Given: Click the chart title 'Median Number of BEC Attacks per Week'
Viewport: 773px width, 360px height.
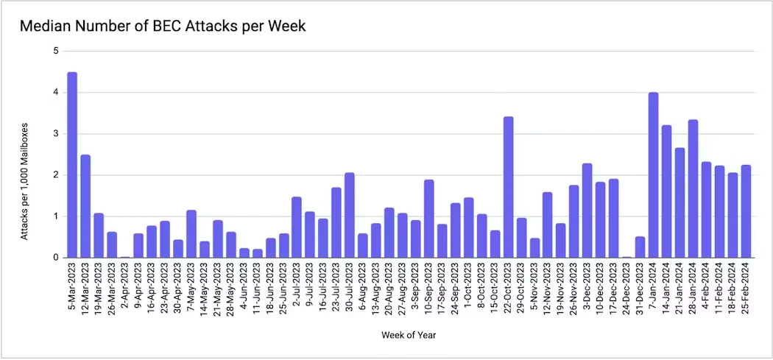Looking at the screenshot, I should click(162, 27).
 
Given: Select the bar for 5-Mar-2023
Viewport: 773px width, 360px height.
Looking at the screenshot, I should click(72, 165).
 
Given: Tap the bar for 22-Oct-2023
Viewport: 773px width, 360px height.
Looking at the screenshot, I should click(508, 187).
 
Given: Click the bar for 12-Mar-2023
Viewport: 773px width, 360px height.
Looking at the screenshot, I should click(85, 206).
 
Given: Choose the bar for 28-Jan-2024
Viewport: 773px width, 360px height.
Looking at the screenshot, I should click(693, 188).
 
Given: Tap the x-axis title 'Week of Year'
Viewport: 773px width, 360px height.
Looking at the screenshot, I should click(409, 335).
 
